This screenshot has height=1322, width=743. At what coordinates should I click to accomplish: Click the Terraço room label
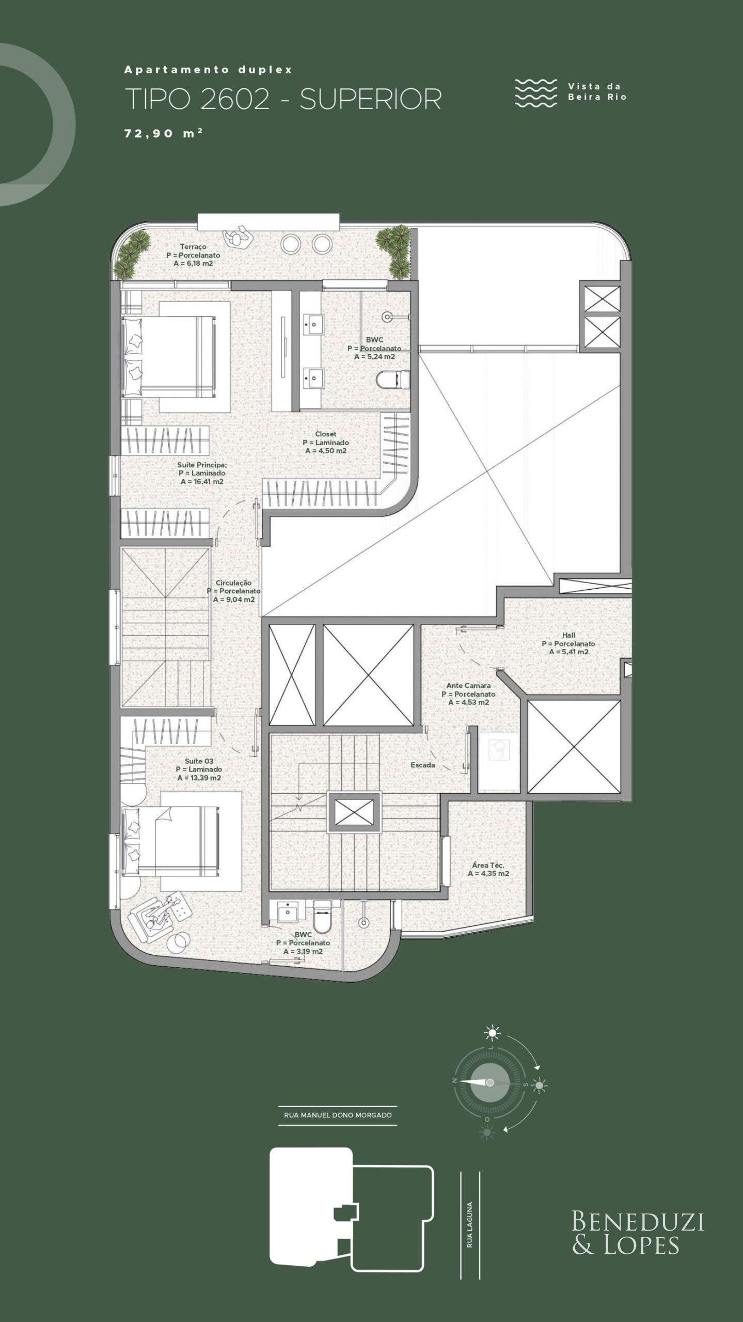pos(193,247)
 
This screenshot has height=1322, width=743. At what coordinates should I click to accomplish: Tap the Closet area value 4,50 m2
pos(326,451)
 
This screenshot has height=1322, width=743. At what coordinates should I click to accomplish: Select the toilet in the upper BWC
pos(392,381)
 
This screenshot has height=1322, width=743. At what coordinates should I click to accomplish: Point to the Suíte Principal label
pos(202,465)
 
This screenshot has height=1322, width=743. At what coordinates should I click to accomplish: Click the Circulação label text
pos(233,583)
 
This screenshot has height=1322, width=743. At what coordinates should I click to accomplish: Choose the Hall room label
pos(568,635)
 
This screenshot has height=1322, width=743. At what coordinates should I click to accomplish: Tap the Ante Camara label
pos(469,686)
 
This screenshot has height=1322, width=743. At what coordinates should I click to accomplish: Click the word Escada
pos(423,765)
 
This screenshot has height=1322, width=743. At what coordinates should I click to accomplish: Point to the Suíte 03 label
pos(199,761)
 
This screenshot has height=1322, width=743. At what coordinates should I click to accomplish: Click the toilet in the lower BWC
pos(322,917)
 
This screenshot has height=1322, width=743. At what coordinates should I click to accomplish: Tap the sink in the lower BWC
pos(288,912)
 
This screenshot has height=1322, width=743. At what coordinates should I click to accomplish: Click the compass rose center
pos(490,1082)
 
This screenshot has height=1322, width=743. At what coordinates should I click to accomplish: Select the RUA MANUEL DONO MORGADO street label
pos(338,1115)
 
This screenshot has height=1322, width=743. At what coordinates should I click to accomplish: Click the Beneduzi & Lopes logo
pos(638,1234)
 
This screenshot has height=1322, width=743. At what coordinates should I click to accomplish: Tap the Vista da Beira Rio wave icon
pos(536,93)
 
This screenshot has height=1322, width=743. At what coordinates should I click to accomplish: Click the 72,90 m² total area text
pos(163,133)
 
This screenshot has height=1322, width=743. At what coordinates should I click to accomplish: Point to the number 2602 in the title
pos(235,99)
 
